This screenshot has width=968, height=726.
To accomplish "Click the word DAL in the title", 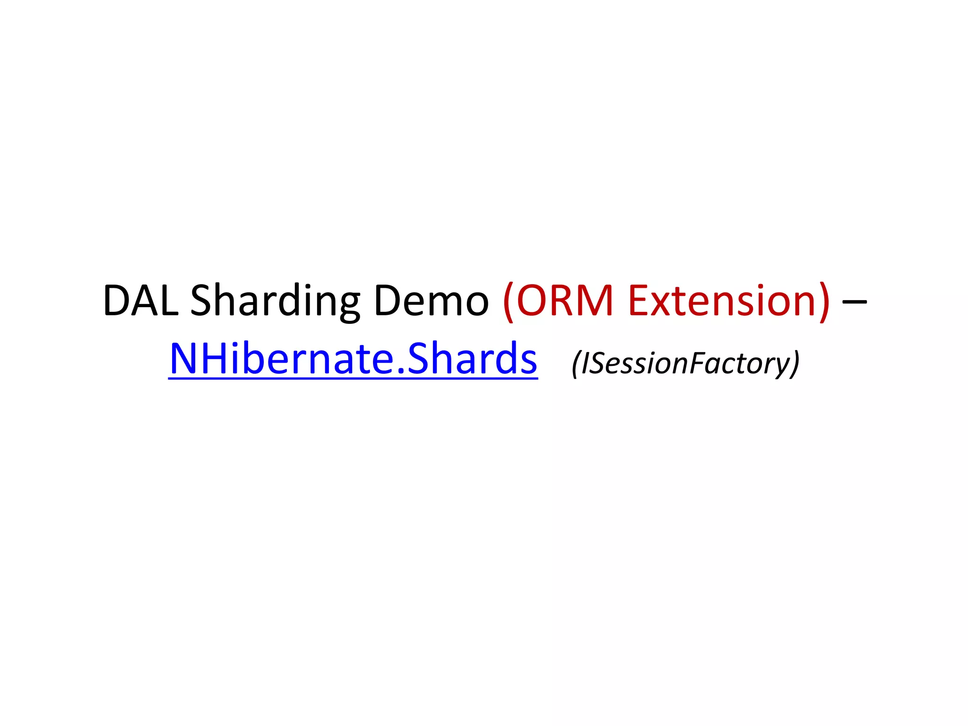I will click(x=140, y=301).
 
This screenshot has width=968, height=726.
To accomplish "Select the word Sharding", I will click(x=275, y=301).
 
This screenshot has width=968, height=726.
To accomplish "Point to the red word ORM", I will click(x=565, y=301).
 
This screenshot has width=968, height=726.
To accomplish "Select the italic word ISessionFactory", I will click(x=685, y=363).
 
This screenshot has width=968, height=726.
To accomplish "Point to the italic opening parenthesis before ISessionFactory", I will click(x=576, y=364).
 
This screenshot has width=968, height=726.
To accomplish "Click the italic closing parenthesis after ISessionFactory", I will click(x=795, y=364).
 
